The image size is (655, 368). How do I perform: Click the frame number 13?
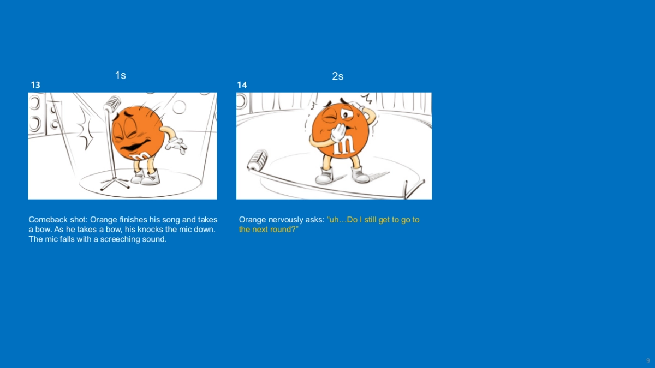pos(35,85)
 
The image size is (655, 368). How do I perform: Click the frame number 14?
pos(242,85)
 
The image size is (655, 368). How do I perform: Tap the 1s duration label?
pos(121,75)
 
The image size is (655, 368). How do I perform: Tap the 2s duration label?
pos(337,76)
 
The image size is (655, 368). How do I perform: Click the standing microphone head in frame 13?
pos(112,104)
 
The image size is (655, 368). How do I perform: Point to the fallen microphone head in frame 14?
pos(257,160)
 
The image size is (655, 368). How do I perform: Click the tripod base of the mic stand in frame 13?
pos(115,183)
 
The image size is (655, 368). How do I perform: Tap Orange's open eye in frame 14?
pos(347,114)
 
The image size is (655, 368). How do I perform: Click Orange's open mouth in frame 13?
pos(134,146)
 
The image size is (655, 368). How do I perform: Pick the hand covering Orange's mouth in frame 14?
pos(338,134)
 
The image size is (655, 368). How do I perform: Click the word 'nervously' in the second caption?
pos(281,220)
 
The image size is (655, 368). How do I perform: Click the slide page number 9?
pos(648,361)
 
